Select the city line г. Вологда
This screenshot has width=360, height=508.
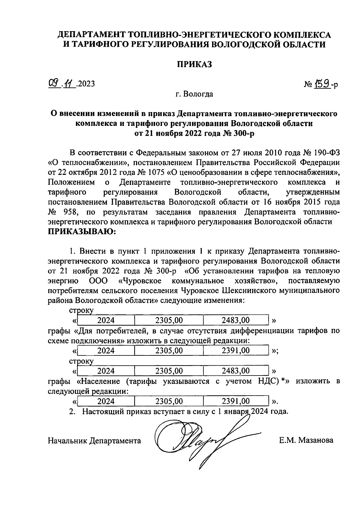(194, 94)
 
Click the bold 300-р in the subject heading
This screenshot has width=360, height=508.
(243, 133)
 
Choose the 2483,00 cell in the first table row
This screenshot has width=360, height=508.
(235, 320)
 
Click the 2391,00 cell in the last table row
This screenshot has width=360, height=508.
(235, 401)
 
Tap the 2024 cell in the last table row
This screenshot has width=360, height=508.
(106, 401)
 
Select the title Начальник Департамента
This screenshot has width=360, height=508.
(94, 441)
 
